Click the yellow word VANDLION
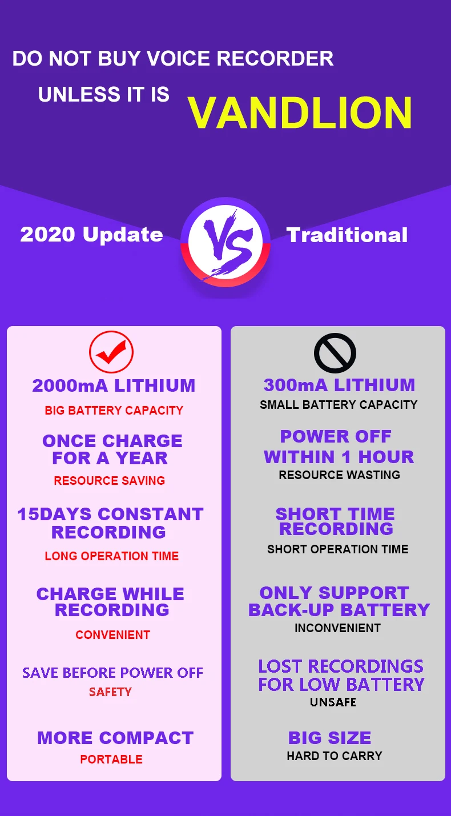point(300,112)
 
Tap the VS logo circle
point(225,242)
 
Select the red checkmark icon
point(111,352)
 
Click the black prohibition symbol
point(335,353)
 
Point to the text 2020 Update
point(91,235)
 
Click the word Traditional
point(347,235)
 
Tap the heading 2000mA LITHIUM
point(114,386)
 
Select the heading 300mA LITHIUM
point(339,385)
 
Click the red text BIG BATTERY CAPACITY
point(114,411)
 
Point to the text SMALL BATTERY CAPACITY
point(339,405)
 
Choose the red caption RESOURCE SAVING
point(110,481)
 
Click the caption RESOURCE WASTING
point(339,475)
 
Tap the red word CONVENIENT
point(112,635)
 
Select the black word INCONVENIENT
point(337,628)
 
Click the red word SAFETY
point(110,692)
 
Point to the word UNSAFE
point(333,702)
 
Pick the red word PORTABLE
point(111,759)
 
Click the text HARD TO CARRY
point(335,756)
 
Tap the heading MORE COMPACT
point(115,738)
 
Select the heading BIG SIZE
point(329,738)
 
